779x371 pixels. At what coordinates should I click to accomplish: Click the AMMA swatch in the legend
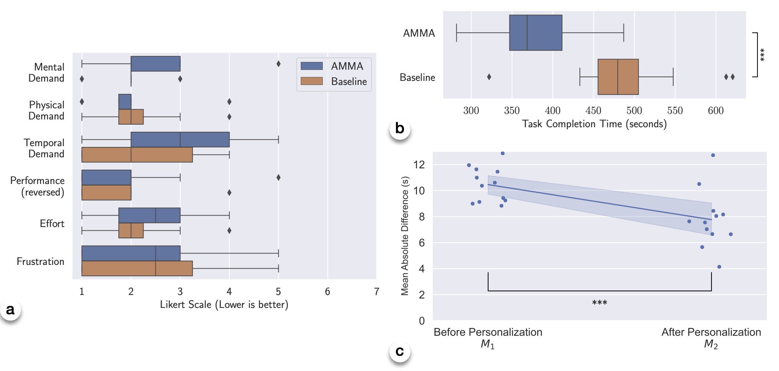click(x=312, y=66)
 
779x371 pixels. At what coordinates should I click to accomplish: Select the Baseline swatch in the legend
click(x=312, y=81)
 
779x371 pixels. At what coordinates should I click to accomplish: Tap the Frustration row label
click(x=40, y=262)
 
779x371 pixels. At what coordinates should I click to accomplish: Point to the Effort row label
click(x=52, y=224)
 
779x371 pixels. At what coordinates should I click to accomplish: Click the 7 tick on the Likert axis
click(x=377, y=292)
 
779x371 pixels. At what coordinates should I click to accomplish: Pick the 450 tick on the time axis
click(x=593, y=111)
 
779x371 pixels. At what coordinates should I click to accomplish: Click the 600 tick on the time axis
click(x=716, y=111)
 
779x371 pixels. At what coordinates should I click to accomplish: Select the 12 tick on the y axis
click(x=419, y=164)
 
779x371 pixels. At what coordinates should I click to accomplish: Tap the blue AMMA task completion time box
click(x=536, y=33)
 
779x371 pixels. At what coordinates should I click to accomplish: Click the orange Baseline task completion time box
click(x=618, y=77)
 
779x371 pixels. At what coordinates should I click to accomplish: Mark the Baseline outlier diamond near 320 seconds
click(x=489, y=77)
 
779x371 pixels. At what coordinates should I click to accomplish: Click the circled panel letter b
click(x=400, y=128)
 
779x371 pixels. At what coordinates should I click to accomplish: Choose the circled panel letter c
click(x=400, y=351)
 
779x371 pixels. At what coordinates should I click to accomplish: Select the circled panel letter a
click(x=10, y=309)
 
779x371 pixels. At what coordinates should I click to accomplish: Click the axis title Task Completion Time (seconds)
click(x=594, y=124)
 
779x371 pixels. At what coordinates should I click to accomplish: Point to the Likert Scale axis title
click(x=224, y=305)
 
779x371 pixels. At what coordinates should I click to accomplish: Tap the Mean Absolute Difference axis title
click(x=405, y=236)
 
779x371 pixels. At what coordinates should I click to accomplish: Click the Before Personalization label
click(x=488, y=332)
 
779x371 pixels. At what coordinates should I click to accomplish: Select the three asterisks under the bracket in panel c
click(x=599, y=303)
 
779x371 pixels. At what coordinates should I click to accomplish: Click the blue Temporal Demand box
click(x=180, y=139)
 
